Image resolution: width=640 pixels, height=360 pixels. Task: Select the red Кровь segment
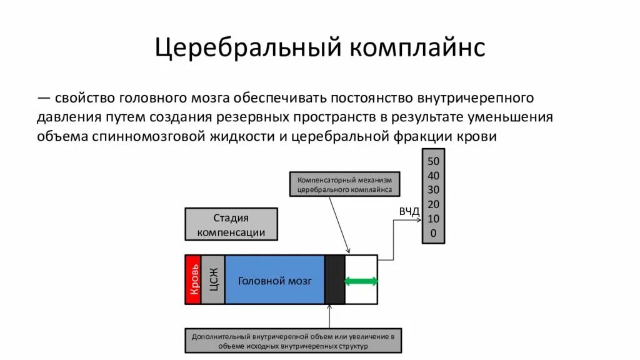tap(193, 280)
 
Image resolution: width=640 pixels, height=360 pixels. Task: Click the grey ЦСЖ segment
tap(212, 280)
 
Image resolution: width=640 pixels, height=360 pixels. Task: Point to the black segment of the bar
tap(334, 280)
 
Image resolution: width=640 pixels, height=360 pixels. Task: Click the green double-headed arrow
tap(361, 281)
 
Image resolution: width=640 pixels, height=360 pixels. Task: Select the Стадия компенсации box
tap(231, 225)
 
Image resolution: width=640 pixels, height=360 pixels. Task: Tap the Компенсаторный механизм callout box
tap(345, 184)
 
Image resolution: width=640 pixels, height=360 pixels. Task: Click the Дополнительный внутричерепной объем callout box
tap(293, 341)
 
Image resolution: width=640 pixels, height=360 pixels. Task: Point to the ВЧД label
tap(409, 211)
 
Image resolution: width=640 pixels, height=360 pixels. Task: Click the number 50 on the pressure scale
tap(433, 161)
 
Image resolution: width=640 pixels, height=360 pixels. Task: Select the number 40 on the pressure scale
tap(433, 176)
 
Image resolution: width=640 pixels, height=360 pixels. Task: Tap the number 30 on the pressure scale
tap(433, 190)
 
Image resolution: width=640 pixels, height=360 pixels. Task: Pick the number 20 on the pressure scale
tap(433, 204)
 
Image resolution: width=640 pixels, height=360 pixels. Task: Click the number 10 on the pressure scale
tap(433, 219)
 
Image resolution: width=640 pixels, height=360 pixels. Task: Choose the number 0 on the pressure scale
tap(433, 234)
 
